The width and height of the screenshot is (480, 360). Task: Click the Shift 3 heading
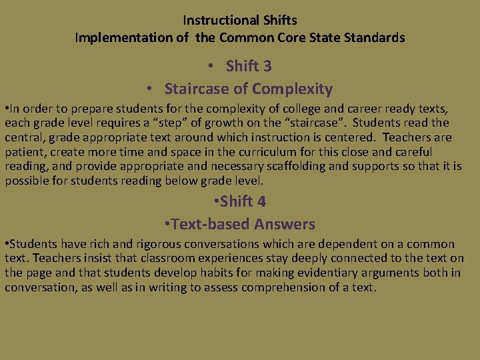[x=249, y=66]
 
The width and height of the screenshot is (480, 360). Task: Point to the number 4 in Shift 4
[x=262, y=201]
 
